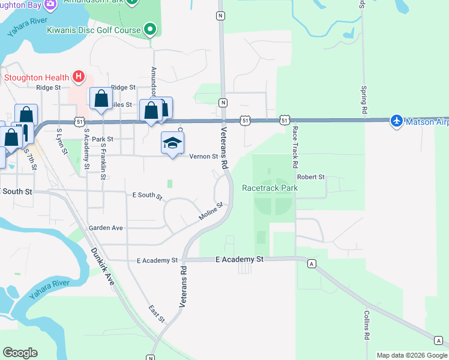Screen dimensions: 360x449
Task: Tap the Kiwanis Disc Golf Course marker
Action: (x=150, y=29)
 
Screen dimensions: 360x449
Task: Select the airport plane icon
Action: (x=396, y=121)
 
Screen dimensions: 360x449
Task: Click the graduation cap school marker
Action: (x=172, y=143)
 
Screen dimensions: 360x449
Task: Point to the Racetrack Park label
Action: (x=270, y=188)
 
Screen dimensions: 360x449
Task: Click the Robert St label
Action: (x=310, y=177)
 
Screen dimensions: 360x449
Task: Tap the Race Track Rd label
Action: (x=295, y=147)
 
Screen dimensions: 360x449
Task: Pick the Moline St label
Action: (x=211, y=211)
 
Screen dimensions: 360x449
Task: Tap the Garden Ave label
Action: (x=106, y=228)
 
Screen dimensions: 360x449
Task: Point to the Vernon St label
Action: (x=203, y=157)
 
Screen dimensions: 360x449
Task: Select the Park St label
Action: (x=103, y=139)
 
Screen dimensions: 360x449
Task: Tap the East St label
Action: (x=157, y=313)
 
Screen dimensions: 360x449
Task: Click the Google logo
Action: (x=20, y=353)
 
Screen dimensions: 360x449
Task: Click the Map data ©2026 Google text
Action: (x=411, y=355)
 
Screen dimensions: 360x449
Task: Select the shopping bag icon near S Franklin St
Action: (x=101, y=99)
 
